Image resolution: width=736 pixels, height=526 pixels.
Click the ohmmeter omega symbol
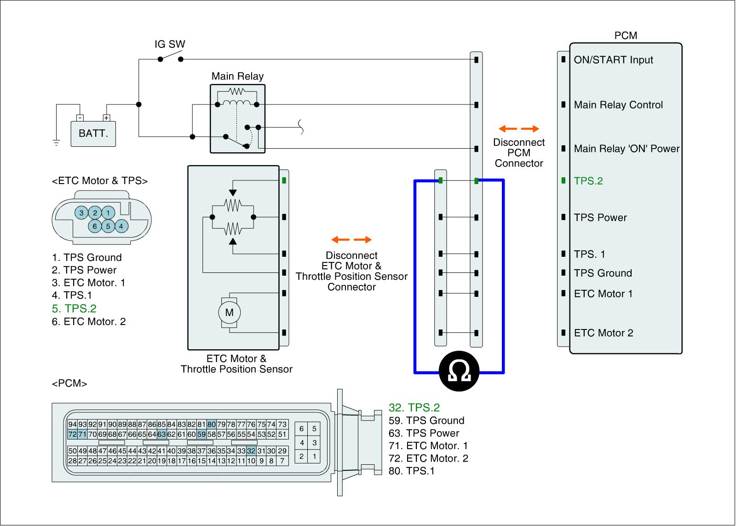[x=460, y=371]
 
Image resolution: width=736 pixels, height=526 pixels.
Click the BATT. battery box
[x=93, y=134]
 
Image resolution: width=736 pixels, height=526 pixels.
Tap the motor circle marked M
[x=230, y=312]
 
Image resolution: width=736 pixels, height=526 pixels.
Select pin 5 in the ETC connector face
[x=108, y=226]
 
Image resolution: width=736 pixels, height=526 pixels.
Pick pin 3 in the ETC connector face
[x=81, y=213]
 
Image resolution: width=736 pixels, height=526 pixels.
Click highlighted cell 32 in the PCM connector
[x=251, y=451]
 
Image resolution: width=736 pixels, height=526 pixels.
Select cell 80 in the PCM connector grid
[x=212, y=424]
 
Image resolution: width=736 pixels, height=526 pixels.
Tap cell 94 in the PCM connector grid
[x=72, y=424]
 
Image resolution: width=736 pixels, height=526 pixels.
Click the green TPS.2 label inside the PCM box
[x=588, y=181]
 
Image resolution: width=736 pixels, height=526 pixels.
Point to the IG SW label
[x=170, y=44]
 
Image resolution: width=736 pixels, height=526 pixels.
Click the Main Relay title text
[x=237, y=76]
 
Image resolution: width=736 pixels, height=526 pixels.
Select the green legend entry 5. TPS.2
[x=74, y=308]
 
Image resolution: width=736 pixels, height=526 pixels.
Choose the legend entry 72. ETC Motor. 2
[x=428, y=458]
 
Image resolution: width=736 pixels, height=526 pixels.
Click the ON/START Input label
[x=614, y=60]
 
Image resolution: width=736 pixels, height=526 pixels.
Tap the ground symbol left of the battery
[x=56, y=143]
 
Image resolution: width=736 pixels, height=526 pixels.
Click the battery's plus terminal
[x=106, y=118]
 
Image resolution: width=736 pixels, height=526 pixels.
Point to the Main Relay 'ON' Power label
[x=627, y=149]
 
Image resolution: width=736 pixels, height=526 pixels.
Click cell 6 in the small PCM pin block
[x=301, y=429]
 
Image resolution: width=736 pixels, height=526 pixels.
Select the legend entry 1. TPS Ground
[x=87, y=257]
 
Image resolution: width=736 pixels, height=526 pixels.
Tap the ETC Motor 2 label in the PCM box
[x=604, y=333]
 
